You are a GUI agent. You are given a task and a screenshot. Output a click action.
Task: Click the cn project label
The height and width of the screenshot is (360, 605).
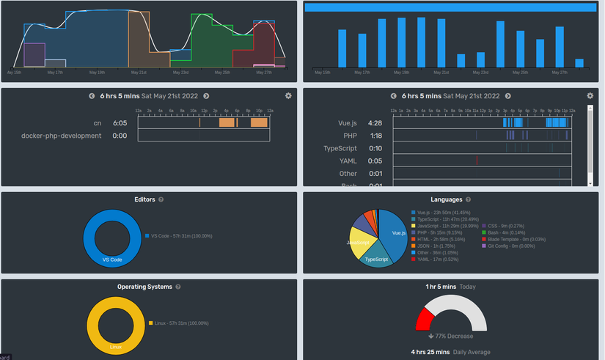click(x=97, y=123)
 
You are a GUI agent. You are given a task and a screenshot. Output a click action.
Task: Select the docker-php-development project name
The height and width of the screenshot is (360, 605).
click(x=62, y=136)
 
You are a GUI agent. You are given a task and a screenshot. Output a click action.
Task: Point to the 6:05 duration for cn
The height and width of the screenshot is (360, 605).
click(x=120, y=123)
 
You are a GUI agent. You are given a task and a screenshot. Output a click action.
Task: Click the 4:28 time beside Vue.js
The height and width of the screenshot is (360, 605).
click(x=375, y=123)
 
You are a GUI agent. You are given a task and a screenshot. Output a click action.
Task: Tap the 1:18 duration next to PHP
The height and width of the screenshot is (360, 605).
click(x=375, y=136)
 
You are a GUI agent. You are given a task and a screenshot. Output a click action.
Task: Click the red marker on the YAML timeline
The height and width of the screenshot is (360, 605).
click(x=477, y=160)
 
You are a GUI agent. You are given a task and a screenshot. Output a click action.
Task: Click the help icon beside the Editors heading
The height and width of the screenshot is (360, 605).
click(x=161, y=199)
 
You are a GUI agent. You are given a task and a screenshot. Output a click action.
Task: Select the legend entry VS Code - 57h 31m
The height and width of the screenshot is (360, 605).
click(x=180, y=235)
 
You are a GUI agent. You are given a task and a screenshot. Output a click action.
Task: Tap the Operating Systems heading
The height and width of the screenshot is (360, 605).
click(x=144, y=287)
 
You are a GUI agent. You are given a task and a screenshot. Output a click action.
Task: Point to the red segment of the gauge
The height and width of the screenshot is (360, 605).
click(x=423, y=319)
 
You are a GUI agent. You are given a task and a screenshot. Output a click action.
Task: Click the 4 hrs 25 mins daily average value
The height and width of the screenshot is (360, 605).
click(x=430, y=352)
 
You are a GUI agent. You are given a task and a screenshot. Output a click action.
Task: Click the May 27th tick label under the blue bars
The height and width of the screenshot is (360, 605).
click(x=559, y=73)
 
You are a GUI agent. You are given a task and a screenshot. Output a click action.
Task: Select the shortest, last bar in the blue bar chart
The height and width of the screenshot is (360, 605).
click(x=579, y=63)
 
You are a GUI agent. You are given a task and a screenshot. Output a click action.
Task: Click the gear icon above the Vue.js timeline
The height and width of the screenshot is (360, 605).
click(x=590, y=96)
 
